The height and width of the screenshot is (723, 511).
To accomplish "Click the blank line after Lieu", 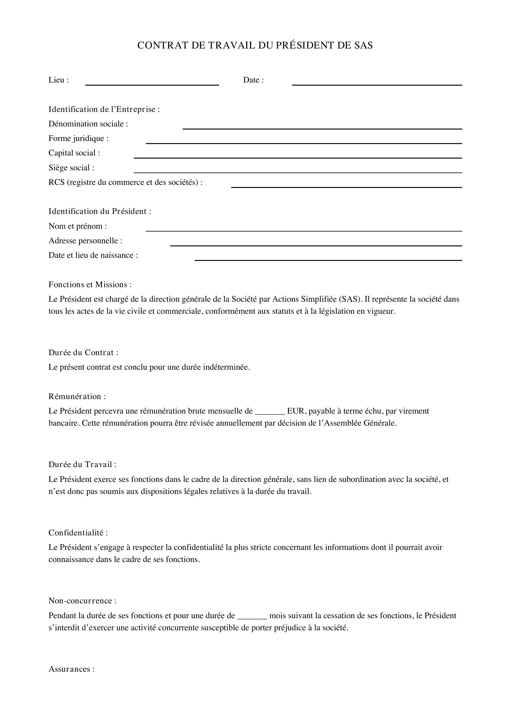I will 152,84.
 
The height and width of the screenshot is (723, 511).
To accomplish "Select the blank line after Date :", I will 377,84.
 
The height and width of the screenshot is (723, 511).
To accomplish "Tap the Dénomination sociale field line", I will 322,128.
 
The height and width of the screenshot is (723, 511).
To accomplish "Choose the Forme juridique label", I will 78,138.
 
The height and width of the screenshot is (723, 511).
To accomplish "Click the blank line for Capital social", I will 298,157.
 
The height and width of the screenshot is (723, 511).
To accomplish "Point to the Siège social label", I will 71,168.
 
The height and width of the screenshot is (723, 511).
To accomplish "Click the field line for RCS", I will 346,186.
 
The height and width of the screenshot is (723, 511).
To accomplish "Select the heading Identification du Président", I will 100,211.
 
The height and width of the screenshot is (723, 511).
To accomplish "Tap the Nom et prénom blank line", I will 304,230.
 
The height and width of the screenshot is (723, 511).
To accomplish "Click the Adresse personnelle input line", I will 316,245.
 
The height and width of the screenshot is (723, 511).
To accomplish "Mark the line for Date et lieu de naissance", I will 328,259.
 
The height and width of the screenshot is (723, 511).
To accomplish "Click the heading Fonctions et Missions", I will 90,285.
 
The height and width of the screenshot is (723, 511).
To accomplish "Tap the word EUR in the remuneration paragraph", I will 295,411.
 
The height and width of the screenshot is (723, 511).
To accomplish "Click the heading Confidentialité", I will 78,533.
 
